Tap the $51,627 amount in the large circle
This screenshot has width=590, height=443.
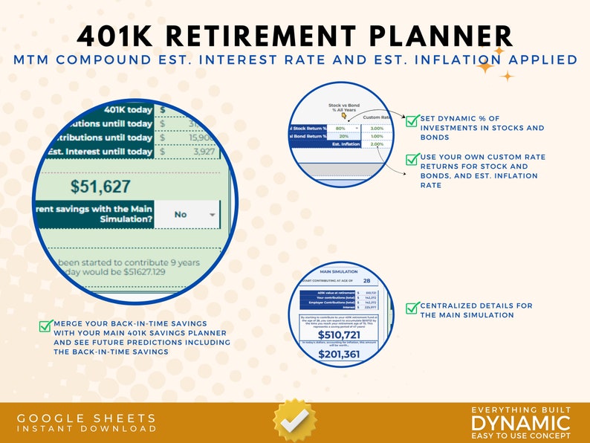point(100,187)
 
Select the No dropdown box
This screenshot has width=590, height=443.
point(187,214)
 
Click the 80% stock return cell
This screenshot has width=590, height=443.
point(340,129)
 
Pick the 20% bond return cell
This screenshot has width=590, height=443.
point(343,136)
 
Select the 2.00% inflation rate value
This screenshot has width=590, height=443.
point(377,144)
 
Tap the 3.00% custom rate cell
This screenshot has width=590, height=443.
point(377,129)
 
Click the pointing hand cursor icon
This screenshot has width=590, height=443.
point(343,115)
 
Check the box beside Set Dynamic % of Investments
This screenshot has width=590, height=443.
point(412,120)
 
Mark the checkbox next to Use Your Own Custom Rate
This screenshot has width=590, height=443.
point(412,158)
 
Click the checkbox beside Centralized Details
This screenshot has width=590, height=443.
point(412,307)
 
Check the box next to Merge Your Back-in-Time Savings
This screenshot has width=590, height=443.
point(45,326)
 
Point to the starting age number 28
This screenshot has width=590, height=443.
point(366,281)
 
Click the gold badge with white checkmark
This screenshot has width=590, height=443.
point(294,419)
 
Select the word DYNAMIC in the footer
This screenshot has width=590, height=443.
point(521,423)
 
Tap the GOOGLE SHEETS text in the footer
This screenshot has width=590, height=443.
point(87,418)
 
